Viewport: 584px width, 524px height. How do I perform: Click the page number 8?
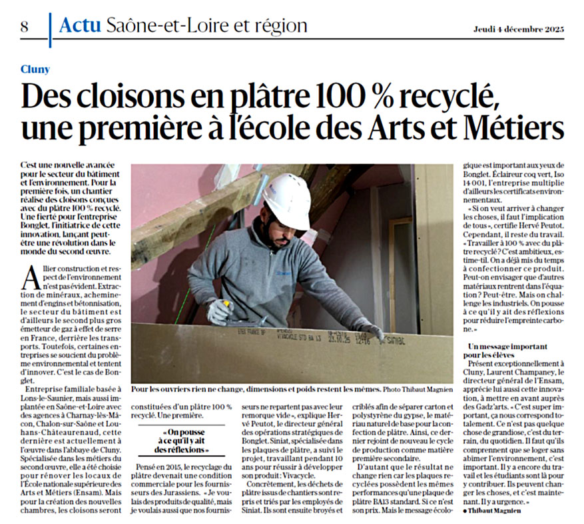(x=24, y=27)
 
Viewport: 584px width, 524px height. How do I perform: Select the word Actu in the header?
(x=80, y=26)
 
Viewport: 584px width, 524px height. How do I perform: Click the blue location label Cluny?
(x=35, y=69)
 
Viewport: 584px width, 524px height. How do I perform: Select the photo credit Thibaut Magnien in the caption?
(x=418, y=389)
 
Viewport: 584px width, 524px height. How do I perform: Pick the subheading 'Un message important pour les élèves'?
(x=507, y=351)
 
